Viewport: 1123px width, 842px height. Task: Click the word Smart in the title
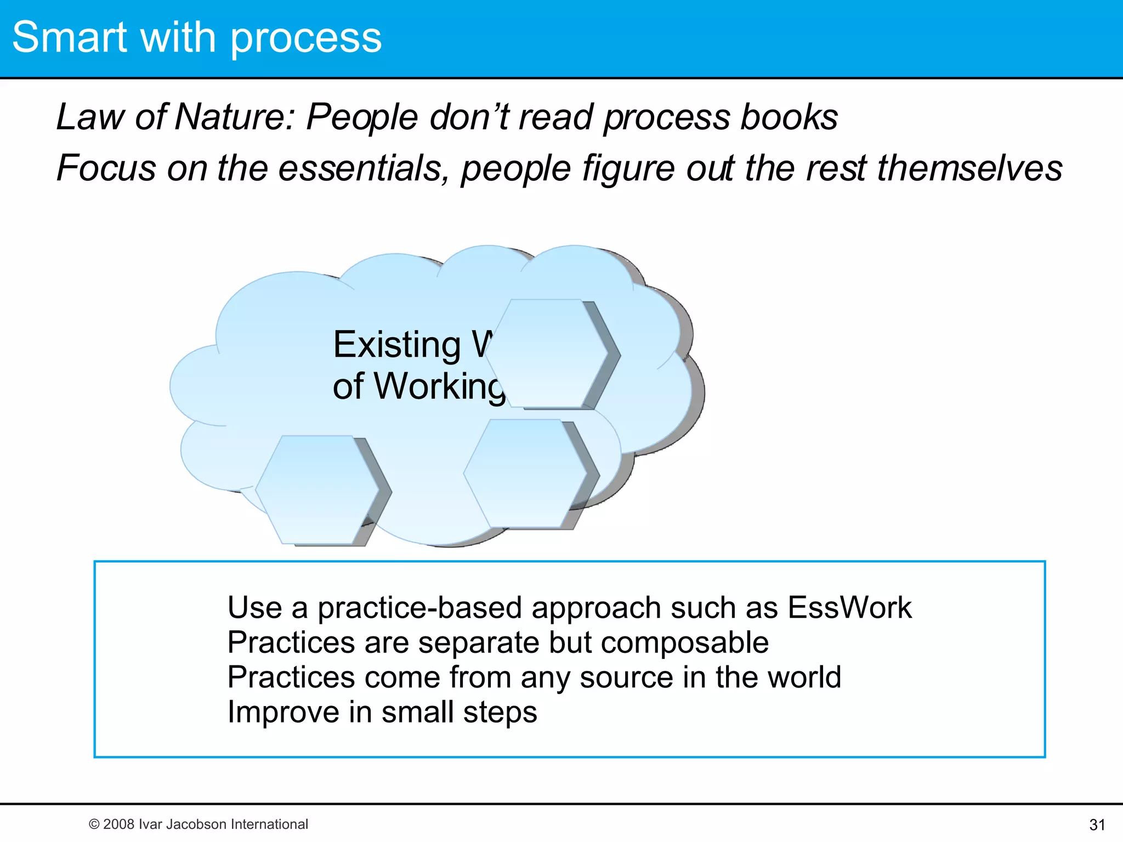pos(70,37)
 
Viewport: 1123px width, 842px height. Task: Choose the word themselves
pos(969,168)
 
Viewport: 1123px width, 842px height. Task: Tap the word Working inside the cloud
pos(439,387)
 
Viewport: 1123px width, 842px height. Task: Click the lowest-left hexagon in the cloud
pos(317,490)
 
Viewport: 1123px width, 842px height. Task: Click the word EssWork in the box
pos(849,607)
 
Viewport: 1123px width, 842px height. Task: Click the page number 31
pos(1097,824)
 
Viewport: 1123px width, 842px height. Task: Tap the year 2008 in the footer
pos(118,824)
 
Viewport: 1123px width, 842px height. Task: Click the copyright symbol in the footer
pos(94,824)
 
